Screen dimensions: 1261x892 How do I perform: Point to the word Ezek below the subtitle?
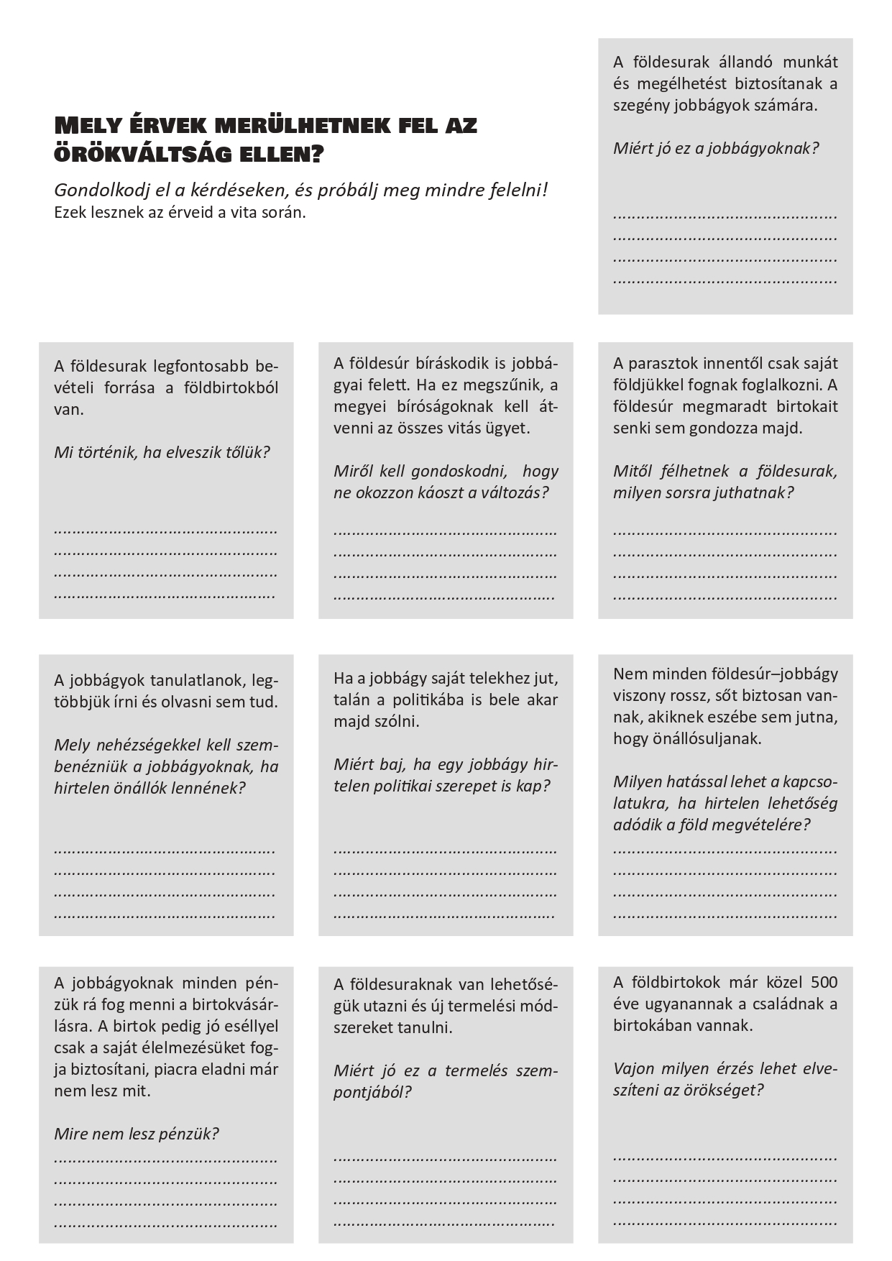(x=69, y=213)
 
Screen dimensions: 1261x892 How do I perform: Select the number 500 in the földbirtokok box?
(x=824, y=982)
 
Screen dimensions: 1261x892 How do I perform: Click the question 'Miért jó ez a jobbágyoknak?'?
(x=715, y=149)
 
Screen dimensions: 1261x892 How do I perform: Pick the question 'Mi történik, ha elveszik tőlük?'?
(x=162, y=452)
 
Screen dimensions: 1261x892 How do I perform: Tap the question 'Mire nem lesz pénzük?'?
(x=136, y=1134)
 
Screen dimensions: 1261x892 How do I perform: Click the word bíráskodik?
(x=454, y=363)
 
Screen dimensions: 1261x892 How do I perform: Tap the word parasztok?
(x=664, y=363)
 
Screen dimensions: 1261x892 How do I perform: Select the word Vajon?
(x=634, y=1068)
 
